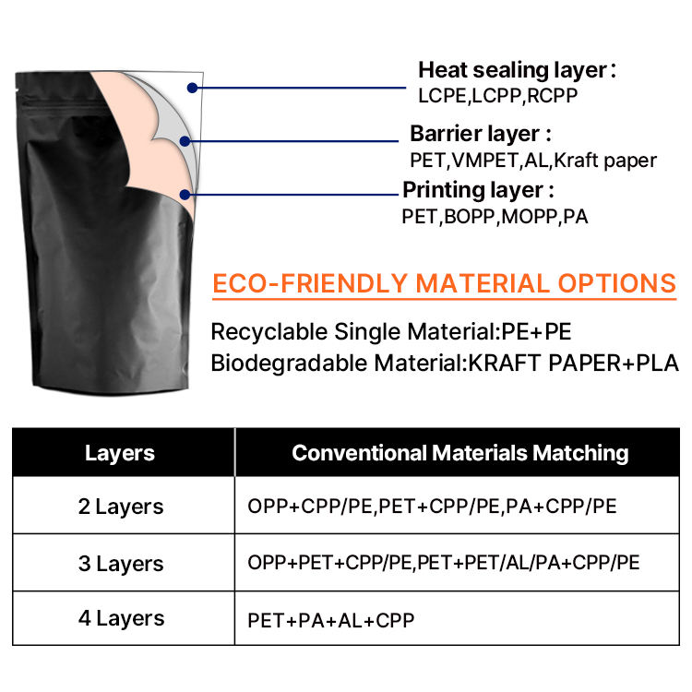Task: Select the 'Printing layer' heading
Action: click(x=478, y=191)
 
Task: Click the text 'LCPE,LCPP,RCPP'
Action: click(x=498, y=94)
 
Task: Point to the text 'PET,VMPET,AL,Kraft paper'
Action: click(x=533, y=160)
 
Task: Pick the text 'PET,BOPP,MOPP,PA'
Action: click(x=495, y=218)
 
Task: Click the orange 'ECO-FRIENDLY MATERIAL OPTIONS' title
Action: click(x=445, y=283)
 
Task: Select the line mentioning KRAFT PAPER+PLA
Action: click(x=445, y=363)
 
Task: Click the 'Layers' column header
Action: click(x=120, y=453)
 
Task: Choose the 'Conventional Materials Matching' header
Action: click(x=459, y=453)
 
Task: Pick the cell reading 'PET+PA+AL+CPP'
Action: click(x=331, y=620)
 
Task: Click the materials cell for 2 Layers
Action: click(x=432, y=507)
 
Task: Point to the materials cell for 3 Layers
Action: click(x=444, y=563)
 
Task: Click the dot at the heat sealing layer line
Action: click(x=192, y=88)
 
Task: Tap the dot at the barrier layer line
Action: click(x=185, y=142)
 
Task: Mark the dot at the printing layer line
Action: click(x=186, y=195)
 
